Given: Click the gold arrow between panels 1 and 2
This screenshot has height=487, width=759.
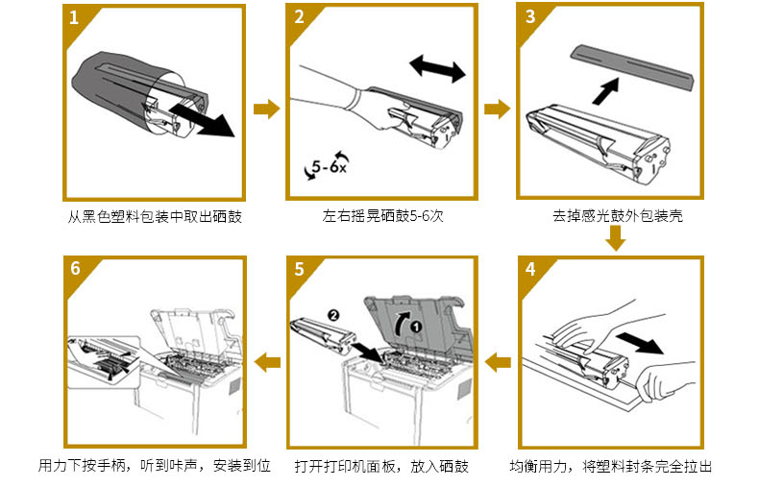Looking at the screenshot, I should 265,109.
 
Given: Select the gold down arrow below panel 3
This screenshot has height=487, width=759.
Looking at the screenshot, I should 615,239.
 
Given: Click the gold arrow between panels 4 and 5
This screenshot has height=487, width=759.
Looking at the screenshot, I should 497,362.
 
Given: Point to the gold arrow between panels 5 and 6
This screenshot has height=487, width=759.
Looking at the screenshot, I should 266,362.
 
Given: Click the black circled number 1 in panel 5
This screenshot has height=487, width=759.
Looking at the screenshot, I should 416,326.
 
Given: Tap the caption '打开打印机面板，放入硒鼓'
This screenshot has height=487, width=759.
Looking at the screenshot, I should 381,467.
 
